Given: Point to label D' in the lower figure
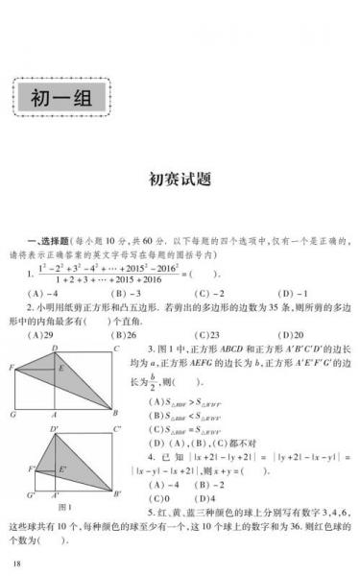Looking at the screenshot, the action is coord(55,427).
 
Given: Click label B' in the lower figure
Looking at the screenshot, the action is coord(117,493).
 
